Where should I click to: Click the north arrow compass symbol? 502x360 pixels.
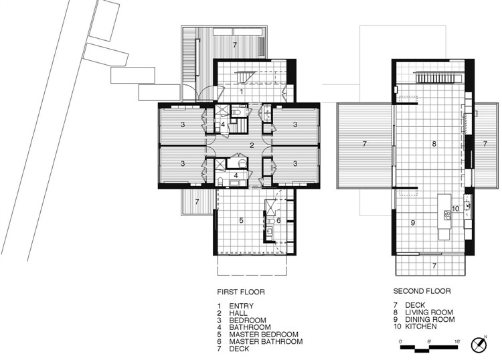tap(479, 345)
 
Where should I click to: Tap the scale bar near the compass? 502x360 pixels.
tap(430, 348)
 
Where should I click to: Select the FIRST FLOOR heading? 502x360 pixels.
tap(241, 292)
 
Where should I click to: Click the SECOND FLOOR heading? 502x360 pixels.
tap(422, 291)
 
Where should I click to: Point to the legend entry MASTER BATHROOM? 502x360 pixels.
tap(266, 341)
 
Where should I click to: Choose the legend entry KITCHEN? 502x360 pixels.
tap(421, 327)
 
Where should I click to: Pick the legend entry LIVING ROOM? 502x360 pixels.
tap(429, 312)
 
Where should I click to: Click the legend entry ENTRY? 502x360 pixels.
tap(241, 306)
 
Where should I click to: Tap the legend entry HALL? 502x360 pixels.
tap(238, 313)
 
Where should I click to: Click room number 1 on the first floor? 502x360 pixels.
tap(242, 92)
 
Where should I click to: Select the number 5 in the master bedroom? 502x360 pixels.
tap(242, 220)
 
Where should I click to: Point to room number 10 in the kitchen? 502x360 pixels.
tap(455, 209)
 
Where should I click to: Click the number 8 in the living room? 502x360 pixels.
tap(434, 144)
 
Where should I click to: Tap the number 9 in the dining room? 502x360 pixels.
tap(413, 222)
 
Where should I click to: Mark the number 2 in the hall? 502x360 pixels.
tap(252, 146)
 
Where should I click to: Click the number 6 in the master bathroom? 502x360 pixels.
tap(278, 220)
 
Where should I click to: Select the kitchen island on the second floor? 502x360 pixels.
tap(444, 217)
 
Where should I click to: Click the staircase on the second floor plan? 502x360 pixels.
tap(438, 78)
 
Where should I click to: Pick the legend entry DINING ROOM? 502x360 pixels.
tap(430, 319)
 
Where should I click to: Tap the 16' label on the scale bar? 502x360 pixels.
tap(457, 341)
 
